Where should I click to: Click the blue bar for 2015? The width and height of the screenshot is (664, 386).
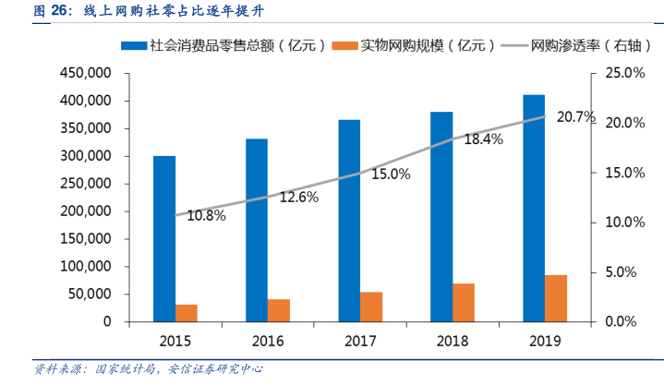click(x=164, y=239)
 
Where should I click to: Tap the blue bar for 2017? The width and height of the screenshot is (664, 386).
click(x=349, y=221)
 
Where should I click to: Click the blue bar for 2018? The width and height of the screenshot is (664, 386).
click(x=441, y=217)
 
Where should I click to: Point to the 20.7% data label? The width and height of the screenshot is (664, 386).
click(x=577, y=117)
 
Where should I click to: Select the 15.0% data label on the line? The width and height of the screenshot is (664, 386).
click(x=391, y=174)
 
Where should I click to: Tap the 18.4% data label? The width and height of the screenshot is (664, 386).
click(x=483, y=139)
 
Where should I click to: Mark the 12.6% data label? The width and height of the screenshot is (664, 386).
click(x=298, y=197)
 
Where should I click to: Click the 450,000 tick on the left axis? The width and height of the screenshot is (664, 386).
click(x=86, y=73)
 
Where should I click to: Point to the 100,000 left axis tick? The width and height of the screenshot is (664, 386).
click(x=86, y=267)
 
